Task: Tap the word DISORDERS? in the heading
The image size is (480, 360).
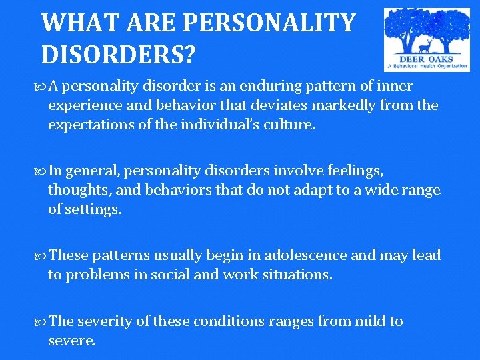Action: pos(118,54)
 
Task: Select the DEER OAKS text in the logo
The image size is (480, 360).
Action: pos(427,59)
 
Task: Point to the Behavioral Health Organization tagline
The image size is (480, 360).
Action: pos(427,67)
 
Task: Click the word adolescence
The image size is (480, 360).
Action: pos(306,255)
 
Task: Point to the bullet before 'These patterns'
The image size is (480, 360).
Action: pos(42,256)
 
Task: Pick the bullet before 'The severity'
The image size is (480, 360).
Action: pos(42,321)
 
